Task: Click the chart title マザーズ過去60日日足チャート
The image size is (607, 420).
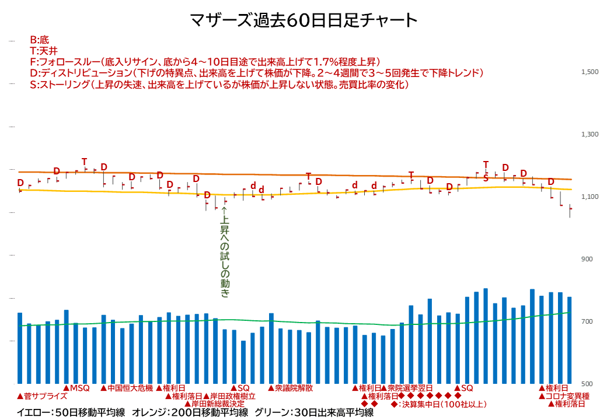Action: [303, 20]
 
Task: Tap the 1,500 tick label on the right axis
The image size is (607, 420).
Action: [589, 72]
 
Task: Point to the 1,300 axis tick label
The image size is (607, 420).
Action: [589, 134]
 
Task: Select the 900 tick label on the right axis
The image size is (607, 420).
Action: [587, 259]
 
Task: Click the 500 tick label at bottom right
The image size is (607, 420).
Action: [587, 384]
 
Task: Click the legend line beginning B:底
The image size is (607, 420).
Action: [40, 40]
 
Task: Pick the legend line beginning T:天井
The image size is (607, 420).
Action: [44, 51]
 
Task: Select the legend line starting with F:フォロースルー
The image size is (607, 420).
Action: [205, 62]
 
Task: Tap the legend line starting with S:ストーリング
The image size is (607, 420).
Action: [219, 85]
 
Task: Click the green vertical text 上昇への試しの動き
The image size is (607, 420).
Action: [225, 252]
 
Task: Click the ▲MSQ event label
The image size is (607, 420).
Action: [76, 388]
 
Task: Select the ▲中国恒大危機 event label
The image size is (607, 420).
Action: [127, 388]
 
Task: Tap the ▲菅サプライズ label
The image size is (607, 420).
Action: [42, 396]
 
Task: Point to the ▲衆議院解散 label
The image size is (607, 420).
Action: [291, 388]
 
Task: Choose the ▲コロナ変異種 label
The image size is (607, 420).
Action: [564, 396]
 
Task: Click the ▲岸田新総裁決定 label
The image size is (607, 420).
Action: [215, 404]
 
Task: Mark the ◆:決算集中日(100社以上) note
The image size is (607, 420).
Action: [438, 404]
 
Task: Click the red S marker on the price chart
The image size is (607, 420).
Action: [486, 178]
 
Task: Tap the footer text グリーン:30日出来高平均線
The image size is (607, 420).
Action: [314, 413]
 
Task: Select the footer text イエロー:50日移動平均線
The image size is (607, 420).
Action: [71, 413]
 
